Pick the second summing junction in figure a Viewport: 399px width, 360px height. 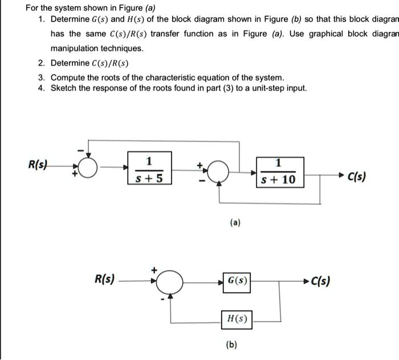[219, 169]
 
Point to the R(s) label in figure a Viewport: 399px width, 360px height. [38, 165]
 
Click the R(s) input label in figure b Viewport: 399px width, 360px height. [104, 279]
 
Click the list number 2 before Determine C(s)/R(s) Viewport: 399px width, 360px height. [41, 63]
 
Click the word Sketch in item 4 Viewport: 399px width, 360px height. [63, 88]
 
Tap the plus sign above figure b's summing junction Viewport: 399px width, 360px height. [153, 268]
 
